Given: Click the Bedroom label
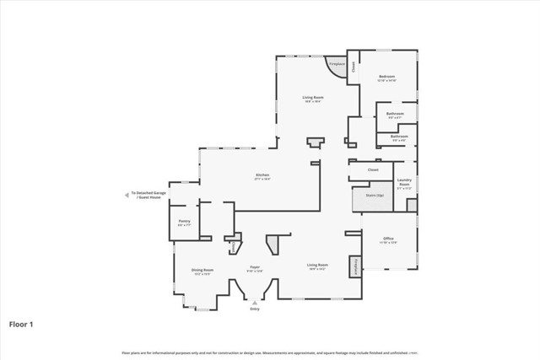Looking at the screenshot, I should (x=386, y=77).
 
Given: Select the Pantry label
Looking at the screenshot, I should (x=185, y=223).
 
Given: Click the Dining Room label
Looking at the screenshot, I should (x=202, y=271).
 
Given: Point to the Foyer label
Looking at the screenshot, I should (x=254, y=269).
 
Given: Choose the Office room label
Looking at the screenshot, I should (x=388, y=240).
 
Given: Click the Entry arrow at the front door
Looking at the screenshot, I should (x=255, y=302).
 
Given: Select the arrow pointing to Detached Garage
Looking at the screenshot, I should (x=126, y=194).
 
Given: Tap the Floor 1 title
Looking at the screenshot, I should (x=21, y=324).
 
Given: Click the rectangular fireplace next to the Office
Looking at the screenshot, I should (x=356, y=266).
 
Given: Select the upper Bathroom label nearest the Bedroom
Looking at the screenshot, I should (x=395, y=115).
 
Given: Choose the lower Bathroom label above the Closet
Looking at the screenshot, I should (x=399, y=137).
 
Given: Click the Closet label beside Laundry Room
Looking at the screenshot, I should (x=372, y=169).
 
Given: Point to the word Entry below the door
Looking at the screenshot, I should (x=255, y=309).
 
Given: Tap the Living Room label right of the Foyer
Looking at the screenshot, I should (x=317, y=266).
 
